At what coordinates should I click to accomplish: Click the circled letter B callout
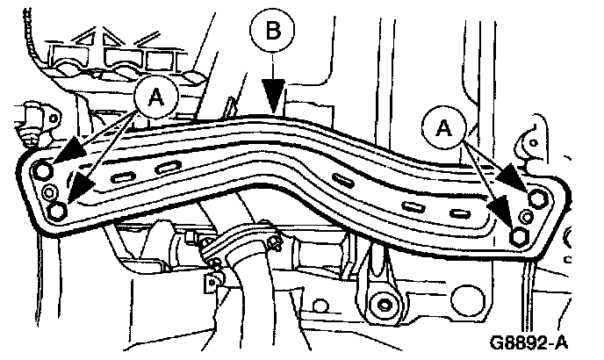point(274,32)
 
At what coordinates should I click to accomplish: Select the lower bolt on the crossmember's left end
point(58,212)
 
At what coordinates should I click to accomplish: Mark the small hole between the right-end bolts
point(527,216)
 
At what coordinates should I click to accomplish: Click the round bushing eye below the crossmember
point(383,305)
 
